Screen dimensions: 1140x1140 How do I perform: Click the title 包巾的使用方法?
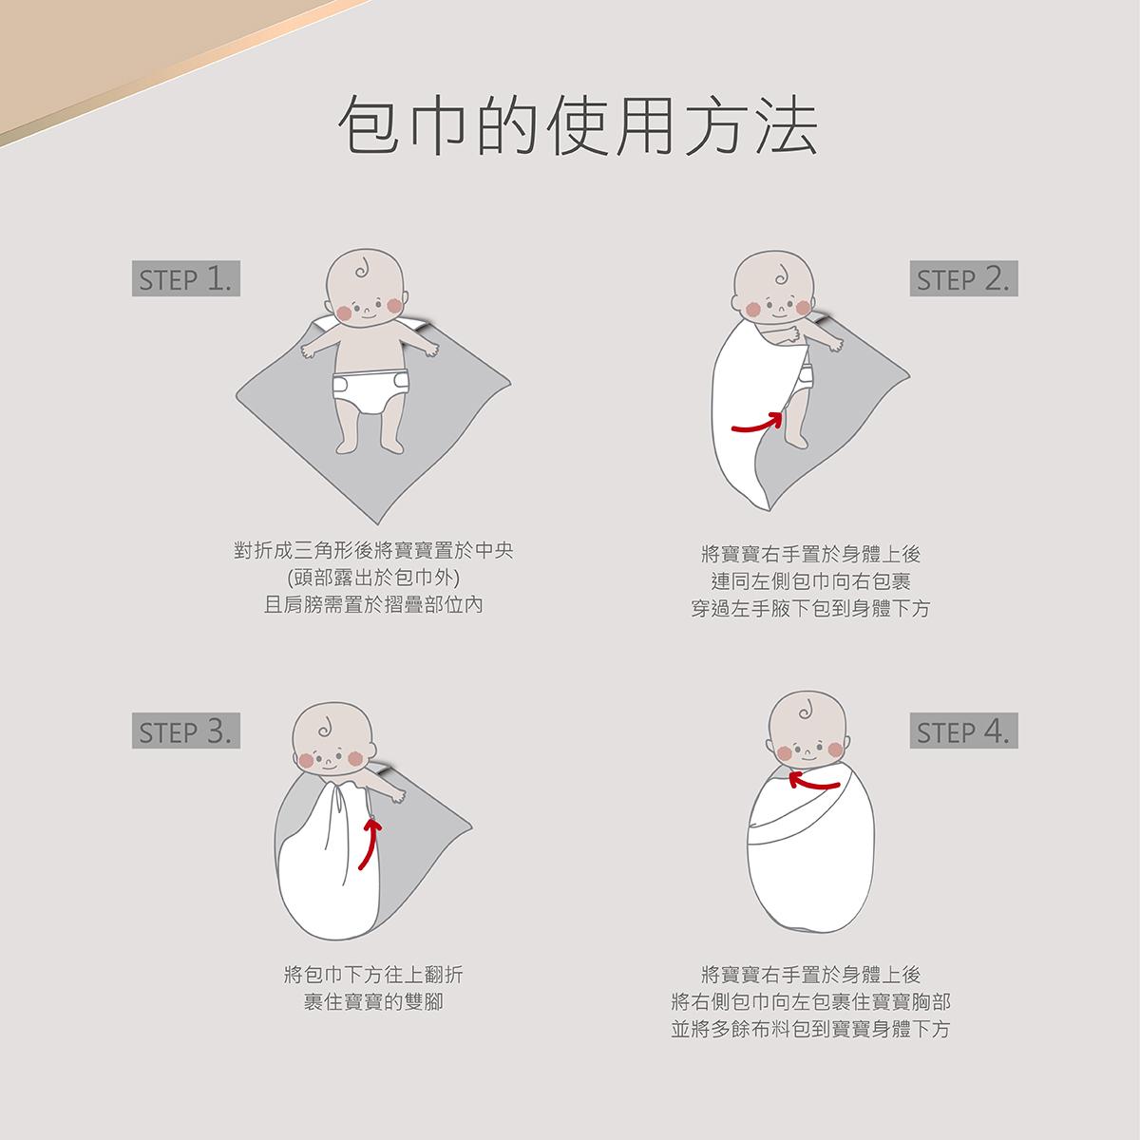[577, 126]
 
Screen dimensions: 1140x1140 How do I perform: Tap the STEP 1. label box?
[186, 279]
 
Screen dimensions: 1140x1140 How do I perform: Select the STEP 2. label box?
[963, 279]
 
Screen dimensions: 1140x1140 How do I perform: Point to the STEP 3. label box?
[186, 731]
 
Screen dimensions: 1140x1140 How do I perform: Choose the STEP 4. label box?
[963, 731]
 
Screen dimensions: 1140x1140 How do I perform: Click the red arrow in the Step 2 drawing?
[757, 424]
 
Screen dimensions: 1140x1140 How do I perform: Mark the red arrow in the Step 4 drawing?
[814, 782]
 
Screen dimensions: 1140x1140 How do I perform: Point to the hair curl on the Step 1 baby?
[362, 270]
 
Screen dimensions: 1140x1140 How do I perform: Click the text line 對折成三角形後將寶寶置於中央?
[373, 550]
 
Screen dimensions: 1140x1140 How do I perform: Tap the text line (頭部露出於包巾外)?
[373, 578]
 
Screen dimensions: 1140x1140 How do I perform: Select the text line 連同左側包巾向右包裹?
[810, 581]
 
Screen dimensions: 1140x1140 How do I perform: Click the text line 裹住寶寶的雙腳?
[373, 1001]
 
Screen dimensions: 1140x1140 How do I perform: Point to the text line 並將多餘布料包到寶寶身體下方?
[810, 1029]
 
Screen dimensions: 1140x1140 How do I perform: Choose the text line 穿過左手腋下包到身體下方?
[810, 609]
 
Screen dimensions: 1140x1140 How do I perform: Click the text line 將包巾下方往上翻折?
[373, 974]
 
